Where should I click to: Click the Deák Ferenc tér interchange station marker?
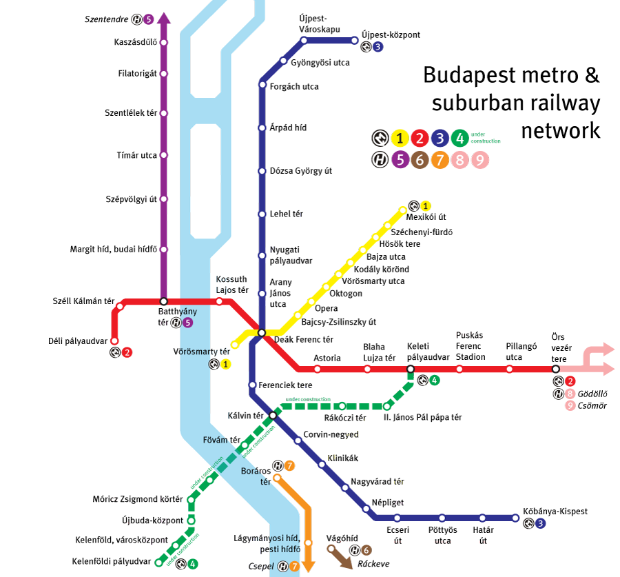(x=262, y=333)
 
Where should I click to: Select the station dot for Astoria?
(x=318, y=370)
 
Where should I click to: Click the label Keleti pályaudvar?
(x=428, y=352)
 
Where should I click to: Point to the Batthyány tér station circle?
(x=163, y=301)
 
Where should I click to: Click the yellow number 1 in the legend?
(x=399, y=138)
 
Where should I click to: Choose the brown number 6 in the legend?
(x=419, y=160)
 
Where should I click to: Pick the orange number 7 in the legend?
(x=440, y=160)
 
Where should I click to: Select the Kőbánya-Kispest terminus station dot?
(x=515, y=518)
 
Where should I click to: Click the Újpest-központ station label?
(x=390, y=35)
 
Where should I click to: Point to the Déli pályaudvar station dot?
(x=114, y=341)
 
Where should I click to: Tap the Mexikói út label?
(x=426, y=217)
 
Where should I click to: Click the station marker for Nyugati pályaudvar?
(x=262, y=256)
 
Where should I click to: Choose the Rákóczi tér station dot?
(x=342, y=406)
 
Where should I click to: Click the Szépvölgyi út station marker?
(x=163, y=199)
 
